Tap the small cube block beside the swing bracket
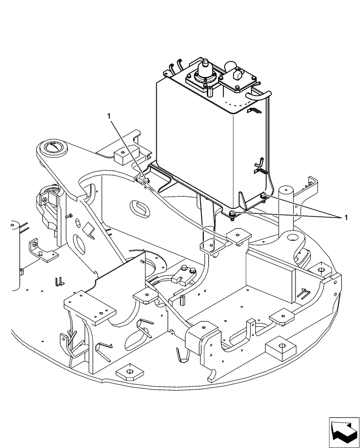121,155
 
